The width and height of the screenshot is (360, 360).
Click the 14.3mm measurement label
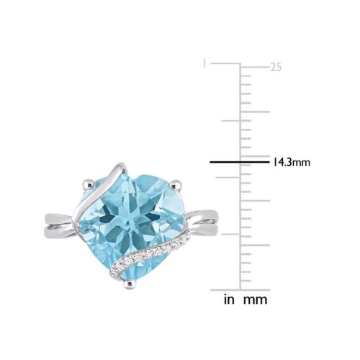tap(291, 162)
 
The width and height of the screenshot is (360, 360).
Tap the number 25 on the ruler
tap(275, 67)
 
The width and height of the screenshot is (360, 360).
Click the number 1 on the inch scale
tap(205, 63)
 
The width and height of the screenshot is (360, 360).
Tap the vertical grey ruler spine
tap(240, 180)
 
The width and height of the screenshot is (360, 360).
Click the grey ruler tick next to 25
tap(255, 66)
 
